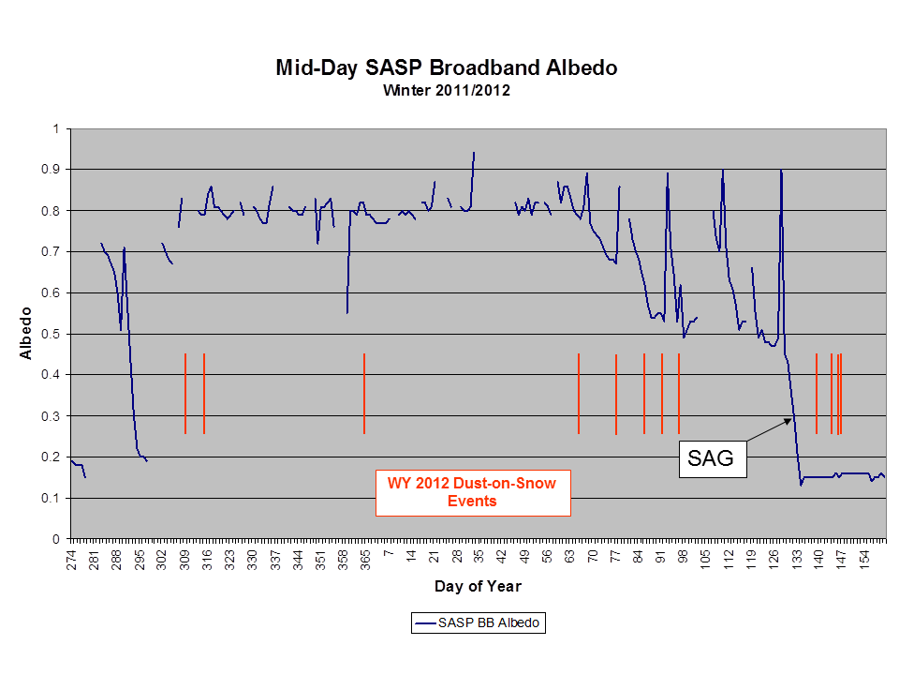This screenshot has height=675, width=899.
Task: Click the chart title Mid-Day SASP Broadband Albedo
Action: click(x=446, y=67)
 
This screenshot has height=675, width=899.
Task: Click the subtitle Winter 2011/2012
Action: click(x=446, y=91)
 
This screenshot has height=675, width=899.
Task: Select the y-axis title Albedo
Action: click(x=26, y=334)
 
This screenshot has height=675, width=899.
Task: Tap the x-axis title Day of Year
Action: click(x=478, y=586)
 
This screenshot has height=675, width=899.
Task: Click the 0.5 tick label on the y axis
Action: click(x=51, y=334)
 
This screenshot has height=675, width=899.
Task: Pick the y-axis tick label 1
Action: click(x=56, y=128)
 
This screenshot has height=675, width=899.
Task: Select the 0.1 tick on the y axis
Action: click(x=51, y=498)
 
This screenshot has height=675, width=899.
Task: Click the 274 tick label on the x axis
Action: click(x=71, y=561)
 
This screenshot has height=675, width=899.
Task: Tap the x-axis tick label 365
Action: click(x=366, y=561)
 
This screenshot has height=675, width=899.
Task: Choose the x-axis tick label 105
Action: click(x=706, y=561)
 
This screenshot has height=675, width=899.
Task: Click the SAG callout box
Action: click(x=713, y=458)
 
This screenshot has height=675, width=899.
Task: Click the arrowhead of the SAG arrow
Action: click(x=790, y=420)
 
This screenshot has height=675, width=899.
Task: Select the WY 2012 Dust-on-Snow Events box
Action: click(x=473, y=492)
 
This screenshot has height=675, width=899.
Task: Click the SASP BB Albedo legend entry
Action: click(x=479, y=622)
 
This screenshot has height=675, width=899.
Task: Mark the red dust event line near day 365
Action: click(x=364, y=393)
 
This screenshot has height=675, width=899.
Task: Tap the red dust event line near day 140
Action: click(x=817, y=393)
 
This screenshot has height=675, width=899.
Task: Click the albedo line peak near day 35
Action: click(x=474, y=153)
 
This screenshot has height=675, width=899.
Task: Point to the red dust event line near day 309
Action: click(x=185, y=393)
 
